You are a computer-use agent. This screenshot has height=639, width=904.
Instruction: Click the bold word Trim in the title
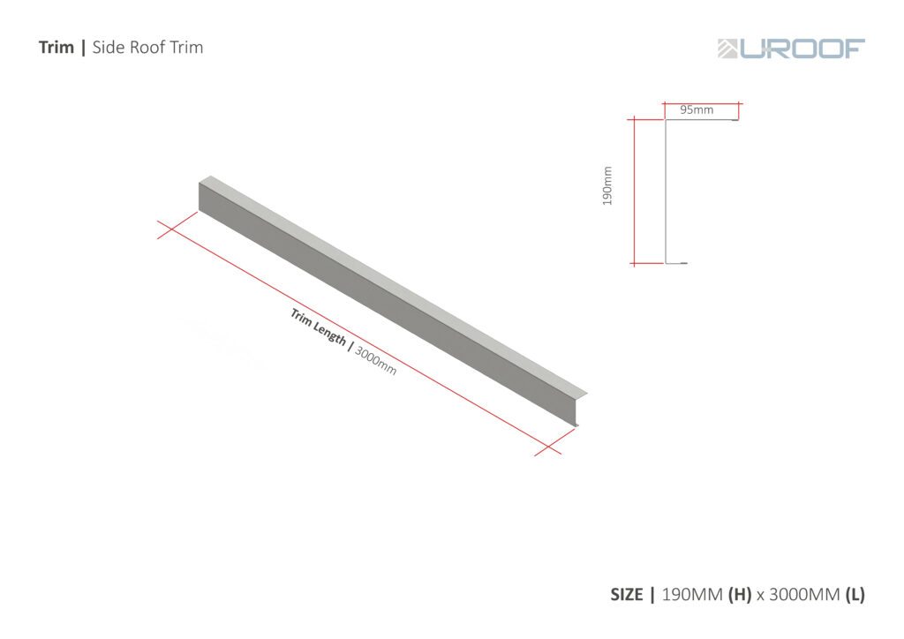pyautogui.click(x=56, y=48)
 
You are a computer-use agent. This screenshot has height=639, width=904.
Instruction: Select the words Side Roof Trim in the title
pyautogui.click(x=147, y=48)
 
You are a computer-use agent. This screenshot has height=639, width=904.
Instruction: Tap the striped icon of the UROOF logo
pyautogui.click(x=727, y=49)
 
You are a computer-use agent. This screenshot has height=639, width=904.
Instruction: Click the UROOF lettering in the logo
pyautogui.click(x=802, y=49)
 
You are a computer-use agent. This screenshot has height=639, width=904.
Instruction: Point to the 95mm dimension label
pyautogui.click(x=697, y=110)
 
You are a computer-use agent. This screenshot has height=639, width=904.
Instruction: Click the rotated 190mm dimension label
pyautogui.click(x=607, y=186)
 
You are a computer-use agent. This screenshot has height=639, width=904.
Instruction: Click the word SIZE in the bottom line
pyautogui.click(x=627, y=595)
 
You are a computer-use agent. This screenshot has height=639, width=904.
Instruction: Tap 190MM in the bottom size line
pyautogui.click(x=691, y=595)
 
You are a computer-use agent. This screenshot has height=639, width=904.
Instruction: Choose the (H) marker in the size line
pyautogui.click(x=740, y=595)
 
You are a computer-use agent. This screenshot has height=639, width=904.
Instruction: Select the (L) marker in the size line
pyautogui.click(x=855, y=595)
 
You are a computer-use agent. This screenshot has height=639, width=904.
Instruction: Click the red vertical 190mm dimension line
pyautogui.click(x=635, y=191)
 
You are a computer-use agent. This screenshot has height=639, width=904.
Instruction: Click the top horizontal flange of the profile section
pyautogui.click(x=701, y=121)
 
